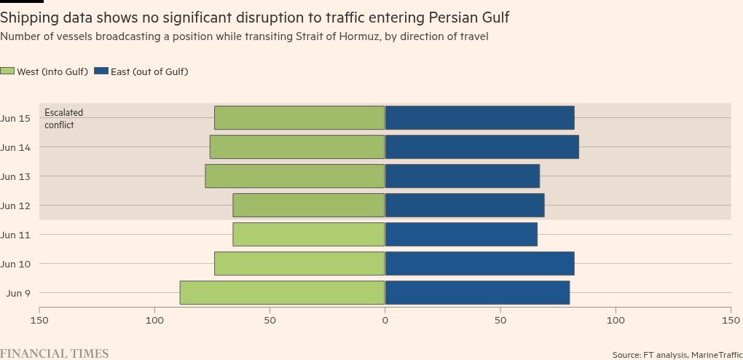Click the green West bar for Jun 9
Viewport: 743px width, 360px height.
[x=283, y=293]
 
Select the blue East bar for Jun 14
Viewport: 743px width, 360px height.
[x=481, y=147]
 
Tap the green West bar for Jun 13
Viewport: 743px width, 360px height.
[x=295, y=176]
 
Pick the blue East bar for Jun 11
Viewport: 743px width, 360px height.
[x=461, y=235]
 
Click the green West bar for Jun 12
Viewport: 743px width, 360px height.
[x=309, y=206]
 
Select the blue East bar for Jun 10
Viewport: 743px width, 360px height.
[x=479, y=264]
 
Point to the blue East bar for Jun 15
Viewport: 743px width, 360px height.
[x=479, y=118]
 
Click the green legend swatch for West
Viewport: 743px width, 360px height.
[x=7, y=71]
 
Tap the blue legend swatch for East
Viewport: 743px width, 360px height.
[x=101, y=71]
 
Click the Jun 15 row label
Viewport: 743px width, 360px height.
[x=15, y=118]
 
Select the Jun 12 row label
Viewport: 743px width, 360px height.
[x=15, y=206]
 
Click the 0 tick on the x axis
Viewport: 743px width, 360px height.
[x=385, y=320]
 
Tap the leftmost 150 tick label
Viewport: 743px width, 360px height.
[x=39, y=320]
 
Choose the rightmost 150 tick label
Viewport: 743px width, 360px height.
[x=730, y=320]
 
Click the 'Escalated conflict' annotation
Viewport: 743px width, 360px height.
[x=63, y=119]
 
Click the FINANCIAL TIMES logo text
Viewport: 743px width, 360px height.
[x=55, y=353]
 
